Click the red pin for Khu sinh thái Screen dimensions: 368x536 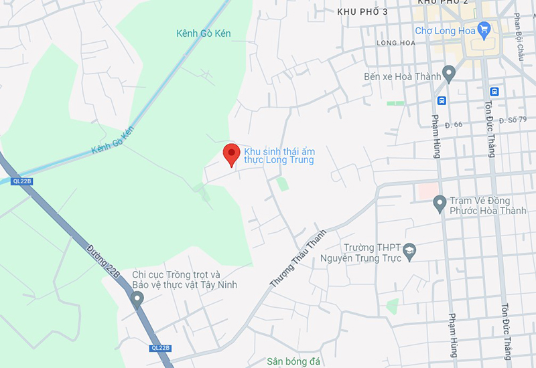click(x=231, y=153)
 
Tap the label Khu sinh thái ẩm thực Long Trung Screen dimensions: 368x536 click(x=279, y=156)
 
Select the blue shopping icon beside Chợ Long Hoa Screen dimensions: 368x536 click(x=484, y=29)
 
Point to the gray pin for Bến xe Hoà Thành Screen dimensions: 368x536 click(x=448, y=72)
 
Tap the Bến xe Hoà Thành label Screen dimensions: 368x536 click(x=402, y=76)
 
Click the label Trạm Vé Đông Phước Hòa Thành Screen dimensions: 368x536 click(x=488, y=205)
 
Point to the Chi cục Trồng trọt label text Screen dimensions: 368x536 click(x=184, y=280)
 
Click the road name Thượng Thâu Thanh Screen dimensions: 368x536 click(x=298, y=258)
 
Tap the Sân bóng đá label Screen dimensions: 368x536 click(x=293, y=362)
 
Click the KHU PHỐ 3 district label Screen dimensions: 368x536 click(x=362, y=11)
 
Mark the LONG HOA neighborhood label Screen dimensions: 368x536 click(x=396, y=43)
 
